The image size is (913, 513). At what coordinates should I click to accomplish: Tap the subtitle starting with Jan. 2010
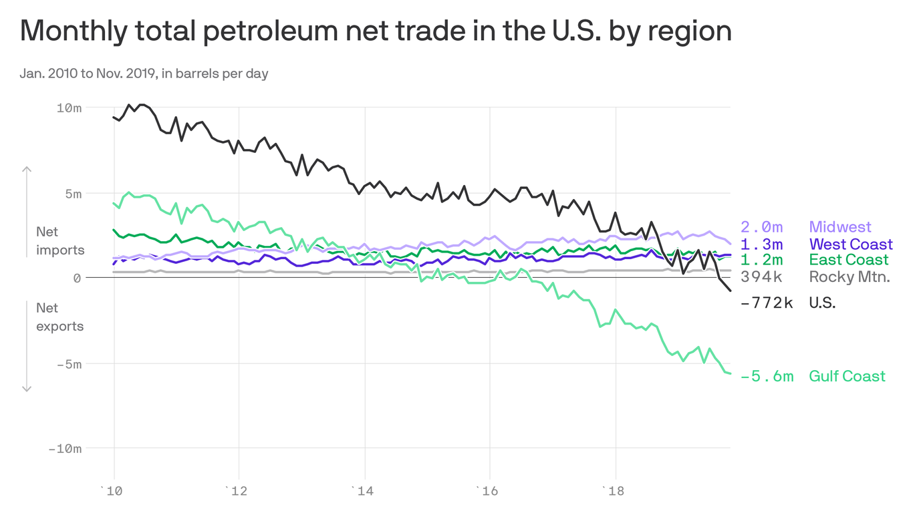pos(144,73)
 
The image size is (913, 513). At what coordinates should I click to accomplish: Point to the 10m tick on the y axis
pos(68,108)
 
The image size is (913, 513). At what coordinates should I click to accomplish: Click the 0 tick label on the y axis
pos(77,277)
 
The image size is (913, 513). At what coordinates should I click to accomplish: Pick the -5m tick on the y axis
pos(68,364)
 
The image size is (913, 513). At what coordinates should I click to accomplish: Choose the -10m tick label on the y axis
pos(65,449)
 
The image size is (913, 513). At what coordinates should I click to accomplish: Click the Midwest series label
pos(840,227)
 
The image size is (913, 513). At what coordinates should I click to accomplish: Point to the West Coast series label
pos(850,244)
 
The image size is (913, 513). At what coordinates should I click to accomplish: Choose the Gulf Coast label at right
pos(847,376)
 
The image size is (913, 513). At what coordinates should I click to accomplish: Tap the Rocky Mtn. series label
pos(850,277)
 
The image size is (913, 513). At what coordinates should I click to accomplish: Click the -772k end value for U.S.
pos(767,303)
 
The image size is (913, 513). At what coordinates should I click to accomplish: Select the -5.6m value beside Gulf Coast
pos(767,376)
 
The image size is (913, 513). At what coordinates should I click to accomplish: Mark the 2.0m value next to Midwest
pos(762,227)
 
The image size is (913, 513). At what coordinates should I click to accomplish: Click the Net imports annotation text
pos(60,241)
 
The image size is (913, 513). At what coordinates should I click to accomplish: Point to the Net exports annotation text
pos(60,317)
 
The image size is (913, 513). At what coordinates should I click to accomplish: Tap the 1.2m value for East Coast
pos(762,260)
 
